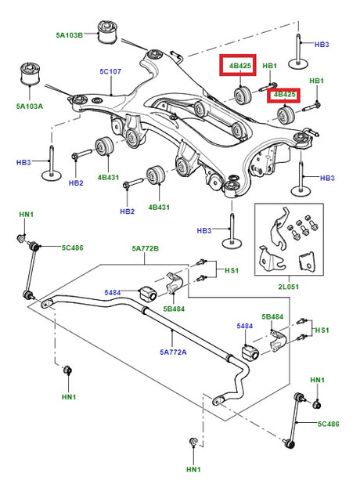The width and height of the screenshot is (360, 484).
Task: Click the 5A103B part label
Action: click(70, 35)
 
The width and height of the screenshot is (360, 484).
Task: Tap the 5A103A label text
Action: click(30, 107)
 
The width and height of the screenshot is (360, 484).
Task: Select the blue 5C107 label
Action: click(110, 71)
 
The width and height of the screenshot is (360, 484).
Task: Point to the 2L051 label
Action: click(289, 287)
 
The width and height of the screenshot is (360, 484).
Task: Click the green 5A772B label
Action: click(146, 248)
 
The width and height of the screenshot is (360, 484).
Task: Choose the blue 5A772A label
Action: click(173, 352)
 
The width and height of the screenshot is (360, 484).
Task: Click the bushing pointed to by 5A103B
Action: click(107, 32)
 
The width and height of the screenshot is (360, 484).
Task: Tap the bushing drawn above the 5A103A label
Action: click(30, 74)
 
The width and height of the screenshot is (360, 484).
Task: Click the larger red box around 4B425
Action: click(238, 65)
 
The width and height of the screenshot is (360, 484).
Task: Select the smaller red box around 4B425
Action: click(283, 96)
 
